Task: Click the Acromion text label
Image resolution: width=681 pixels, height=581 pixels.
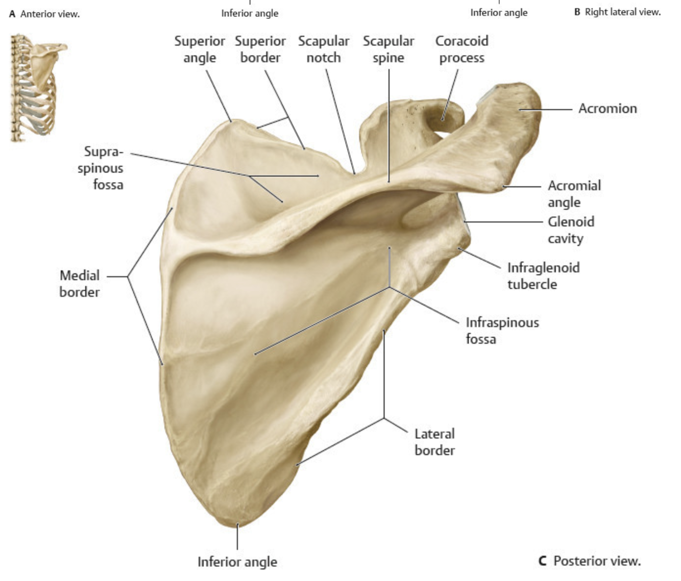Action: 607,109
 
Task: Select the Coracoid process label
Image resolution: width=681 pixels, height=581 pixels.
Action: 461,49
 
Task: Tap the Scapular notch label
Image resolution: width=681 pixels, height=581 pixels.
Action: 324,49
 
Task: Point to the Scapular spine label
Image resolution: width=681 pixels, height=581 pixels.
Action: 388,49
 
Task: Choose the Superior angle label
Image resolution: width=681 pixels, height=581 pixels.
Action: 200,49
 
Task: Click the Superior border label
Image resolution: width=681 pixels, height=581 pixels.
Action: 260,49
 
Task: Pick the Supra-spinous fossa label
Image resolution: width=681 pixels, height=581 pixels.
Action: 101,168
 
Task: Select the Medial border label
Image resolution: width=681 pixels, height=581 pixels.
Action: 80,284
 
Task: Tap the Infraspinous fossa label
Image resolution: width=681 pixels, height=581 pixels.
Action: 502,331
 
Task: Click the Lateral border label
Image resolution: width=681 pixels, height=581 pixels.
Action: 434,442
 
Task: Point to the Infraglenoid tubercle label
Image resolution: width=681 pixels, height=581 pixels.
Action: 543,276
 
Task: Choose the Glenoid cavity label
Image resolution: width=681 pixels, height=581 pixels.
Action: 571,230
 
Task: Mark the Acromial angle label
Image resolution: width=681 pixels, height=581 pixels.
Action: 574,194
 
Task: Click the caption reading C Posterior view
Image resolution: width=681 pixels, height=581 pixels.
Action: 590,561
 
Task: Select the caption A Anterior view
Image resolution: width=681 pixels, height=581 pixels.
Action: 44,14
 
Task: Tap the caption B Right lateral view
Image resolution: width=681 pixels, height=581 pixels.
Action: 617,12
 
